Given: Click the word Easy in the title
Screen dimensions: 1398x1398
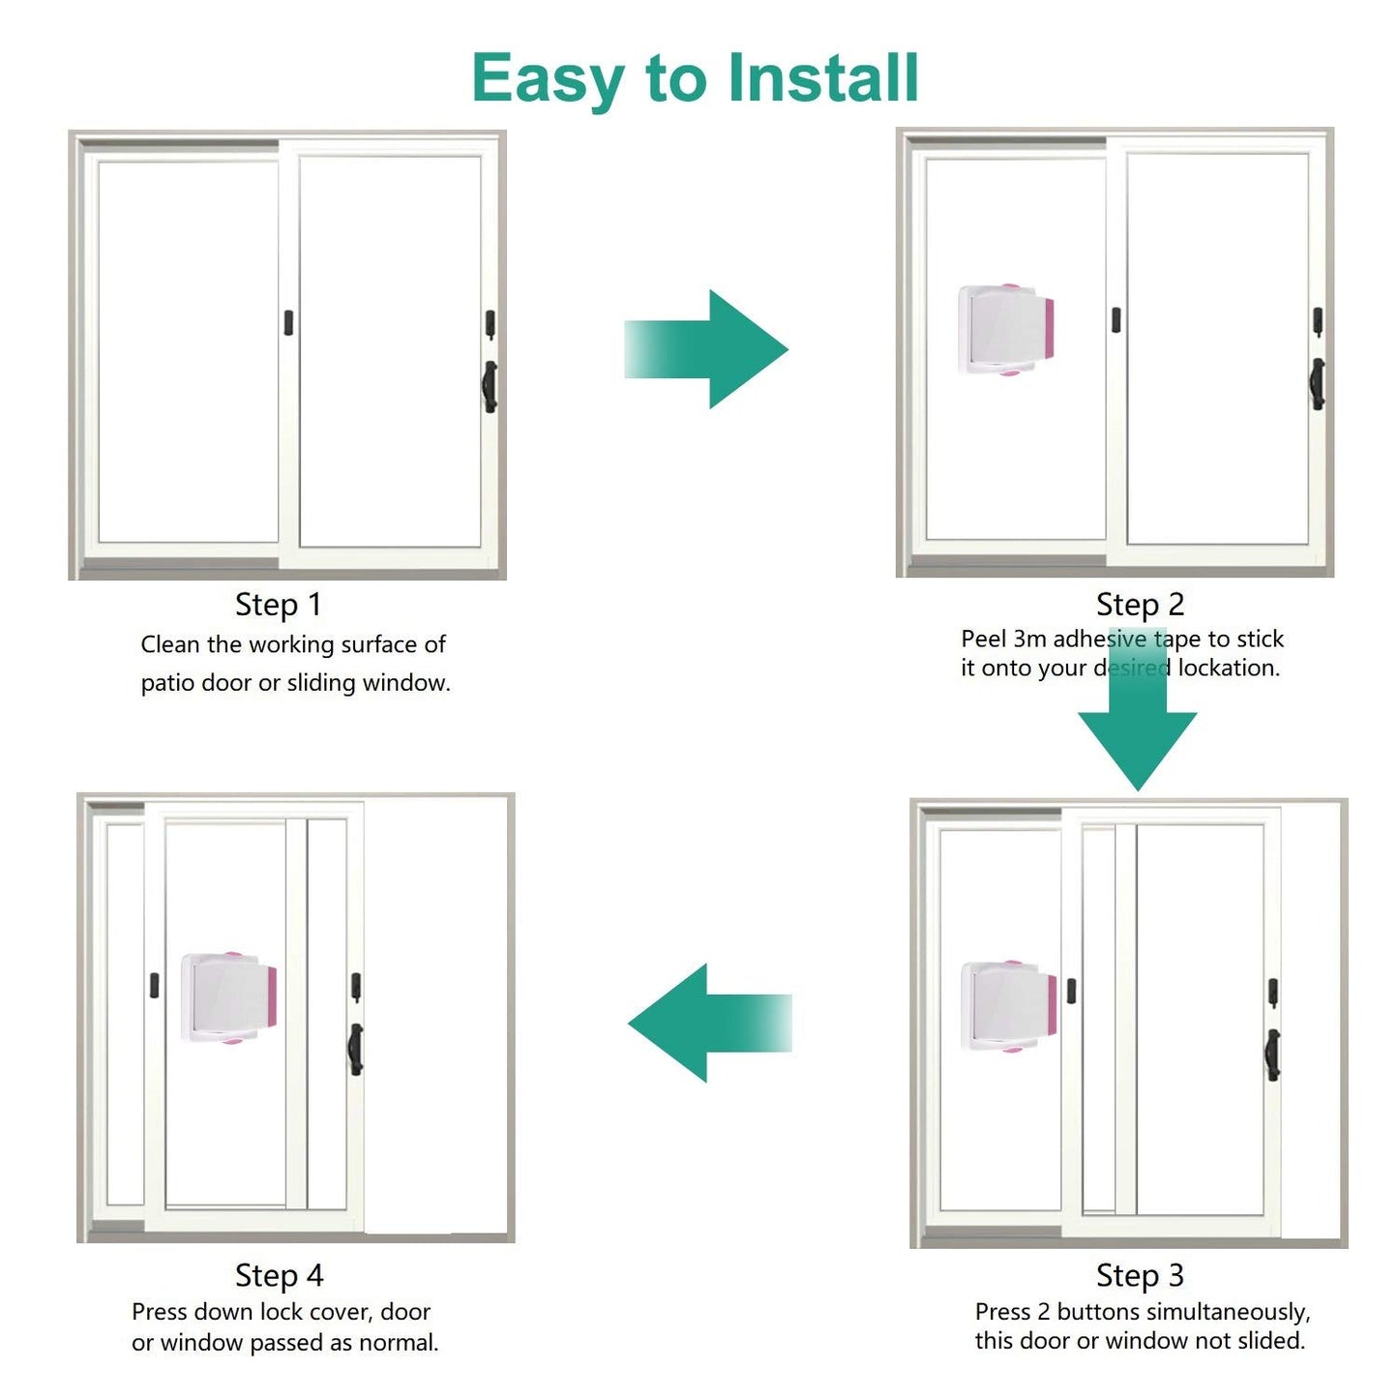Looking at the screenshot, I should pyautogui.click(x=548, y=79).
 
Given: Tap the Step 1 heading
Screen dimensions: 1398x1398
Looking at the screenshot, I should pyautogui.click(x=279, y=605).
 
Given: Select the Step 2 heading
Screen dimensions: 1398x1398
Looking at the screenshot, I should pyautogui.click(x=1140, y=605).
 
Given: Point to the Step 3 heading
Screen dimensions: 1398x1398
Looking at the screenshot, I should pyautogui.click(x=1140, y=1275).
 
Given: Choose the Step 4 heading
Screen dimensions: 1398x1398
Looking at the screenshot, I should pyautogui.click(x=279, y=1275).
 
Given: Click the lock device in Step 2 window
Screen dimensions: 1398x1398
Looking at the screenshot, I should pyautogui.click(x=1006, y=330).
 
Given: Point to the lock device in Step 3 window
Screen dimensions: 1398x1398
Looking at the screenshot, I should pyautogui.click(x=1008, y=1006).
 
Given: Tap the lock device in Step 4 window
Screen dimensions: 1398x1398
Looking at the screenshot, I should pyautogui.click(x=229, y=997).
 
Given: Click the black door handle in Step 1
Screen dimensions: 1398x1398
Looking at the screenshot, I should pyautogui.click(x=491, y=386).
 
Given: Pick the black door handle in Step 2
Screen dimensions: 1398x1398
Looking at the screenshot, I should pyautogui.click(x=1318, y=383).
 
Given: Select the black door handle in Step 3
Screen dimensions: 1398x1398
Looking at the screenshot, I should pyautogui.click(x=1273, y=1054).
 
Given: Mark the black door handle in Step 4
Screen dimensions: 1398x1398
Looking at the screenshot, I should pyautogui.click(x=356, y=1050).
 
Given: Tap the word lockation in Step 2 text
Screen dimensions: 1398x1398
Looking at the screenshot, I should pyautogui.click(x=1229, y=668).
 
